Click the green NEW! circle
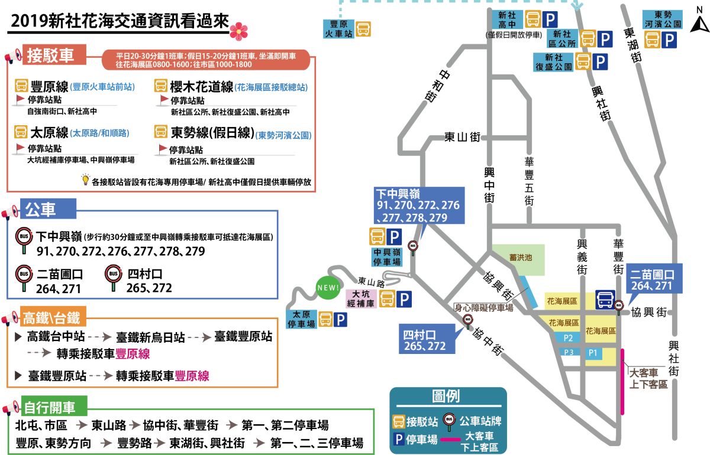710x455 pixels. coord(328,288)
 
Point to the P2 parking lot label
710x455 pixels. coord(568,338)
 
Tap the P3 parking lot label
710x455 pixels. coord(569,352)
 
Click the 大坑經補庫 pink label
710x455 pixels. coord(362,298)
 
